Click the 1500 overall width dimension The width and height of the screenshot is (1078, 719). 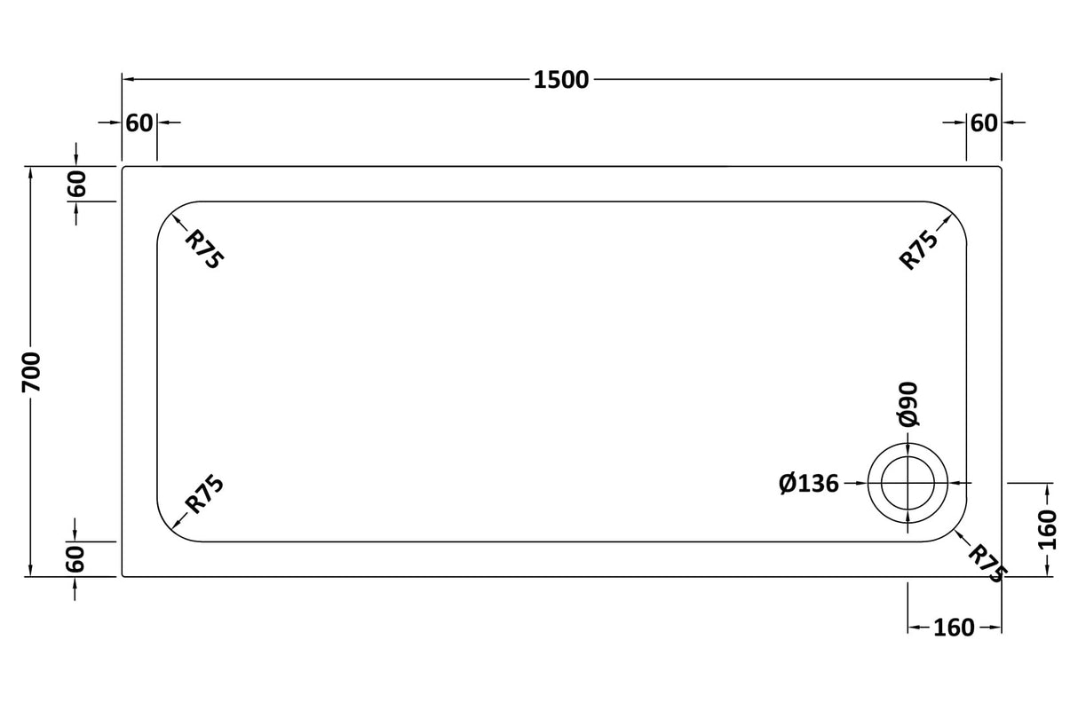[561, 80]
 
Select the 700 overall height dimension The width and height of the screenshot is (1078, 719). [31, 371]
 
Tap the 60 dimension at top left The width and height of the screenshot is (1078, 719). [139, 123]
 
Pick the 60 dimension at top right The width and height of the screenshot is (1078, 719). [983, 123]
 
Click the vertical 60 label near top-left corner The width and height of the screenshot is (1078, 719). [77, 184]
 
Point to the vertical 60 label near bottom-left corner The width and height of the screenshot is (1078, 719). [77, 558]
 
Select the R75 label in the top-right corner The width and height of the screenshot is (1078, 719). [920, 249]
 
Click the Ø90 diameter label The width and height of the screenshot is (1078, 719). [908, 405]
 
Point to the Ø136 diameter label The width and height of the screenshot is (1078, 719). [808, 484]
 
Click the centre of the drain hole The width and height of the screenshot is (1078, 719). [908, 483]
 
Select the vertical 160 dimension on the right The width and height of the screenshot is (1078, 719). [1049, 529]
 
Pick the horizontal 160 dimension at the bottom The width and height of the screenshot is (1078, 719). [955, 628]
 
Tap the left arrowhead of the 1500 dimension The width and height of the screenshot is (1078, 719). [128, 80]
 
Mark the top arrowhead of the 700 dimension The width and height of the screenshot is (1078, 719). [31, 172]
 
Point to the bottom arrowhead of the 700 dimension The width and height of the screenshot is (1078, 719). [31, 571]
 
